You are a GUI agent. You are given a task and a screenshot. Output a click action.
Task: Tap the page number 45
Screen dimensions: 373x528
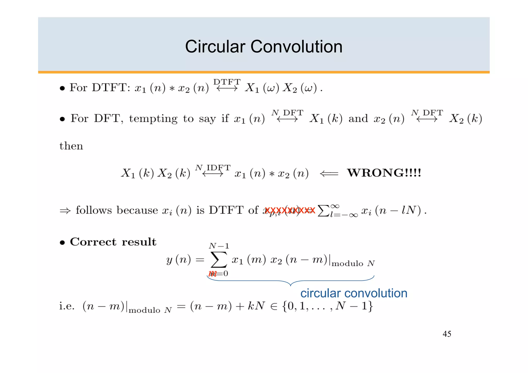click(447, 334)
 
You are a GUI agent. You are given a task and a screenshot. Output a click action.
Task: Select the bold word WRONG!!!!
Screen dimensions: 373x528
click(384, 173)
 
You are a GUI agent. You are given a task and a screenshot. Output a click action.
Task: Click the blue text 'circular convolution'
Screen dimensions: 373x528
click(354, 293)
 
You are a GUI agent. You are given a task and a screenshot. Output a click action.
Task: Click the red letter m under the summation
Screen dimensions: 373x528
click(212, 273)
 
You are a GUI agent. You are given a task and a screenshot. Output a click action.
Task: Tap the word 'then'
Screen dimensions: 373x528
click(71, 146)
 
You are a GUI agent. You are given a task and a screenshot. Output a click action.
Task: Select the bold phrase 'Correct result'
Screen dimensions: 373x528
click(113, 242)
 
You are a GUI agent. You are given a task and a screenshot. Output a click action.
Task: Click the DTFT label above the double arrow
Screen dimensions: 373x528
click(227, 82)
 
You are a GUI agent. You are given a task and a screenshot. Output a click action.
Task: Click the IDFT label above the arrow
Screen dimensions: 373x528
click(218, 168)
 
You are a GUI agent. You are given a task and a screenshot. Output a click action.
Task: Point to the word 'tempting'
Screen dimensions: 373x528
click(153, 119)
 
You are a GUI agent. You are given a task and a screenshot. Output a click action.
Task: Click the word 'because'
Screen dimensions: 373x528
click(137, 210)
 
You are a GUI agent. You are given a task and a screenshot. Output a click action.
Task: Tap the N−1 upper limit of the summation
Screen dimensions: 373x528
click(219, 246)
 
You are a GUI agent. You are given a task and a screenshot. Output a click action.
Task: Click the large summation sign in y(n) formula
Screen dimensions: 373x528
click(219, 260)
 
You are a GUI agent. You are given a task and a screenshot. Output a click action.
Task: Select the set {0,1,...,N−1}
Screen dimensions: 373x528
click(328, 306)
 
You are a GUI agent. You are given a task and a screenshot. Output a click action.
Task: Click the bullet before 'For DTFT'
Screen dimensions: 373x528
click(62, 88)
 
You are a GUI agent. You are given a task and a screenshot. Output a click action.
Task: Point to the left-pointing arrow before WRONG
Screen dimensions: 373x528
click(329, 174)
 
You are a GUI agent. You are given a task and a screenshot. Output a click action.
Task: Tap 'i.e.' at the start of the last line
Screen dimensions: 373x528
click(67, 306)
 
